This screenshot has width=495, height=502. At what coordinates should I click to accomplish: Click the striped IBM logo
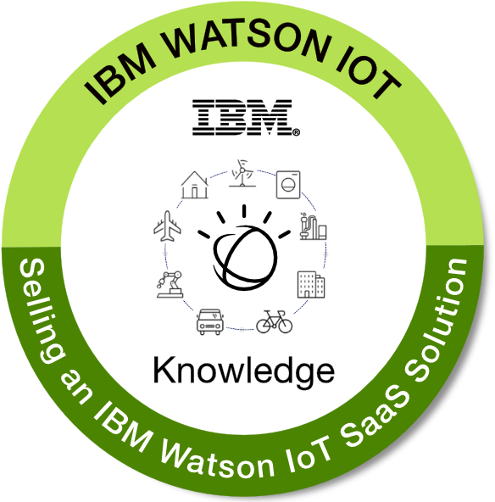tap(242, 117)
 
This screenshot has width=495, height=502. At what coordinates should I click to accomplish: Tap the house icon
tap(195, 185)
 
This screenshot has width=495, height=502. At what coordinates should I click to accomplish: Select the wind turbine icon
tap(242, 173)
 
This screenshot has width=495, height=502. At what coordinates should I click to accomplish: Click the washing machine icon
tap(288, 185)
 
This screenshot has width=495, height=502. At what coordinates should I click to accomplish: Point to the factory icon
tap(313, 226)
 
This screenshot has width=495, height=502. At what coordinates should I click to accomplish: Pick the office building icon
tap(311, 285)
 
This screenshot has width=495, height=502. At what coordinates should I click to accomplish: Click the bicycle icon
tap(275, 321)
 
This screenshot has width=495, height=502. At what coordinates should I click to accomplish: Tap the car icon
tap(210, 321)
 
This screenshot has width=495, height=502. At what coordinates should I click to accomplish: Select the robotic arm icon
tap(170, 284)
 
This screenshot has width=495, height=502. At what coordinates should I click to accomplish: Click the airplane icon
tap(167, 226)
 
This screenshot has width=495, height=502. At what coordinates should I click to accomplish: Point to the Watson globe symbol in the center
tap(244, 248)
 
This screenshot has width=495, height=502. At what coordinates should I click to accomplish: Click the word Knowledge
tap(244, 371)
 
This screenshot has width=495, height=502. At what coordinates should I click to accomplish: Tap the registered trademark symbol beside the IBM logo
tap(297, 132)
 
